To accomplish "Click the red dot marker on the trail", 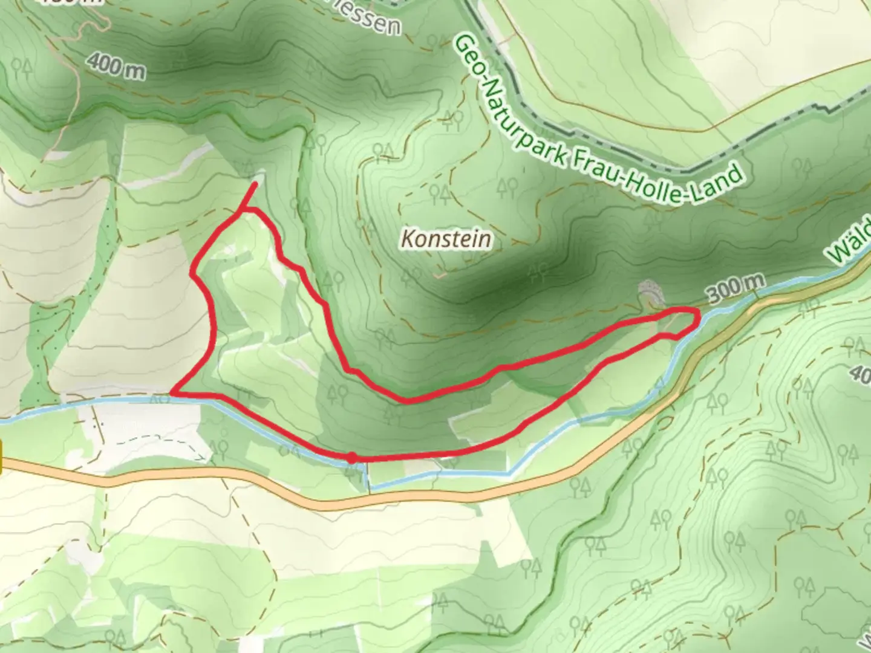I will tap(351, 459).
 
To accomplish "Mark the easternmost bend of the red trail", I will tap(699, 315).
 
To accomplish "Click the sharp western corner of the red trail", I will tap(173, 392).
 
